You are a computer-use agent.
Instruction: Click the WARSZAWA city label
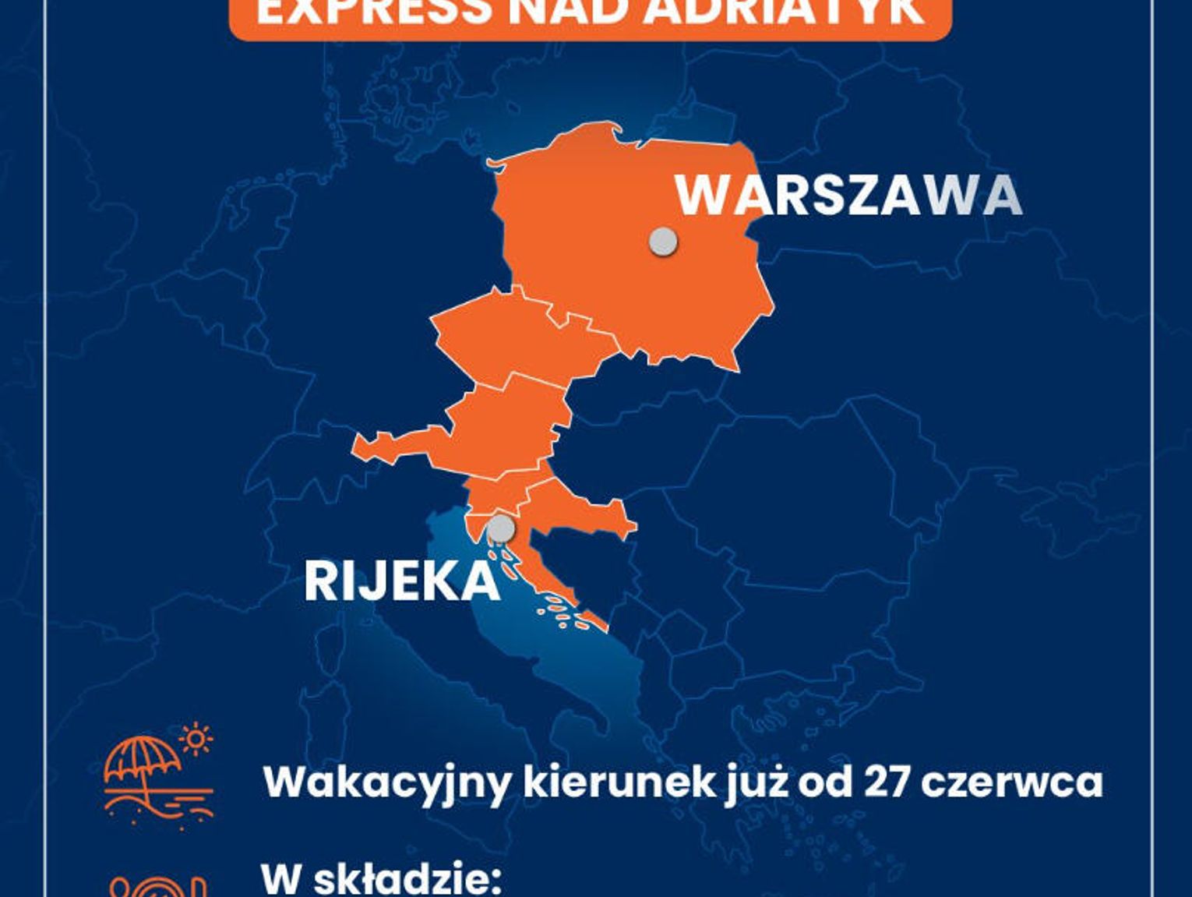(848, 195)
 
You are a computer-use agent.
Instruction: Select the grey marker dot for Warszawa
(663, 242)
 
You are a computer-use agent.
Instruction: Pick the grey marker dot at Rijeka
(500, 528)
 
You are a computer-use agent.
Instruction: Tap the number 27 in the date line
(887, 782)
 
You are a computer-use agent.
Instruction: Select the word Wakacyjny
(386, 782)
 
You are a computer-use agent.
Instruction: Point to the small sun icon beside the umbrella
(196, 738)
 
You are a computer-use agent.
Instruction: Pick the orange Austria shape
(491, 429)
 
